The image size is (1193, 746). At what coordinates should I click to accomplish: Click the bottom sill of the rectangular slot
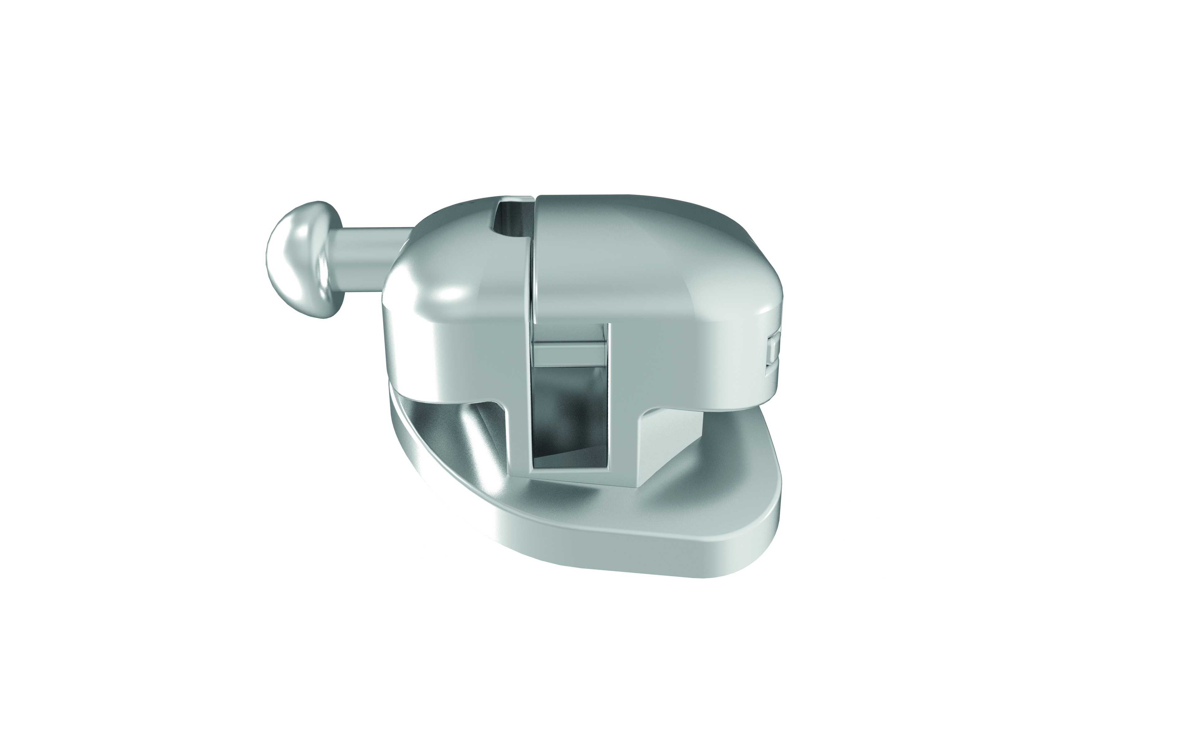point(572,476)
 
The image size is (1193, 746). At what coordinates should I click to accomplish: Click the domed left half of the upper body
point(444,276)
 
